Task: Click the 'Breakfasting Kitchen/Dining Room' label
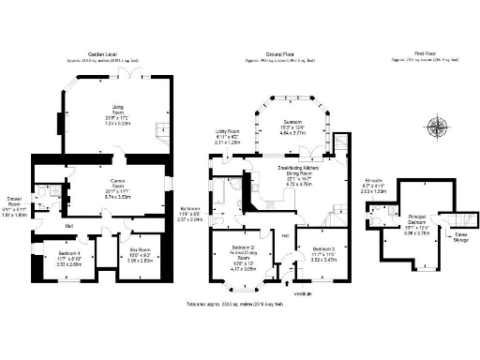click(296, 169)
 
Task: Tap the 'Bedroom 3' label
click(323, 247)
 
